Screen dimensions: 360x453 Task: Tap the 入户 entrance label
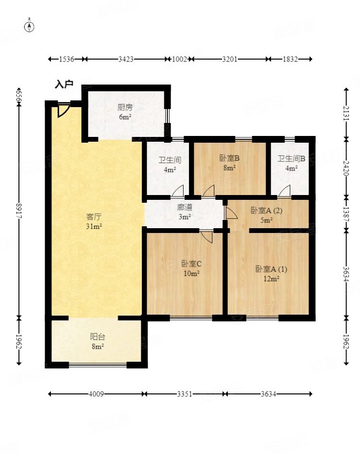[x=64, y=85]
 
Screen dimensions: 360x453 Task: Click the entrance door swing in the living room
[x=63, y=111]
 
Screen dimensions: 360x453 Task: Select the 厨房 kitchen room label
[x=125, y=108]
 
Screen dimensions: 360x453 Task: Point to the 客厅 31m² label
[x=94, y=221]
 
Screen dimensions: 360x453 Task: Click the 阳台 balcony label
[x=98, y=337]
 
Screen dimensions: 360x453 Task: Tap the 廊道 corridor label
[x=185, y=207]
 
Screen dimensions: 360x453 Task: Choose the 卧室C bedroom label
[x=191, y=263]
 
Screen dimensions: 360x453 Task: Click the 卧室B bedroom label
[x=229, y=158]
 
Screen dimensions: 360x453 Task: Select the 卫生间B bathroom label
[x=291, y=159]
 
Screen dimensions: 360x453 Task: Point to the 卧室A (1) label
[x=271, y=269]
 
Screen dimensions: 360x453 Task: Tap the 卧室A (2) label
[x=266, y=210]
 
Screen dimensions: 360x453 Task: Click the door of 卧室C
[x=207, y=236]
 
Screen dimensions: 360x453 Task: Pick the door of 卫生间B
[x=285, y=191]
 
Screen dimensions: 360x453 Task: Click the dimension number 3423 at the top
[x=126, y=59]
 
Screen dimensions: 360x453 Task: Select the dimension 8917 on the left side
[x=19, y=211]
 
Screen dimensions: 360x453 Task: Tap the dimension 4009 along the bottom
[x=96, y=394]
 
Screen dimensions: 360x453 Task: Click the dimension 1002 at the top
[x=180, y=59]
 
